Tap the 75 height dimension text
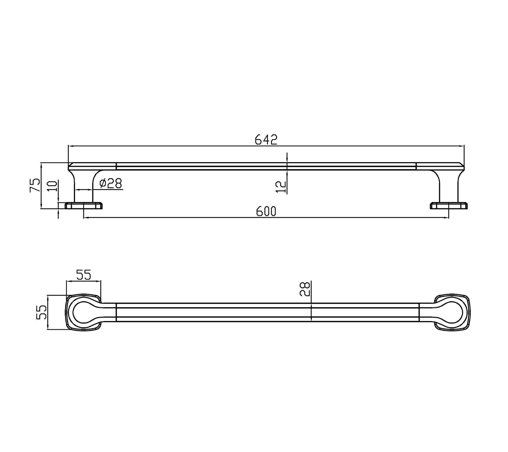35,185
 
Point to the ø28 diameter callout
111,184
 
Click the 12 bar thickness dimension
281,187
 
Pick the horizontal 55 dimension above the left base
83,275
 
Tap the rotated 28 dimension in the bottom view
305,289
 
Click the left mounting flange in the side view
84,206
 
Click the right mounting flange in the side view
449,206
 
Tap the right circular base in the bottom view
452,312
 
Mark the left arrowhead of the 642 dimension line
70,146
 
